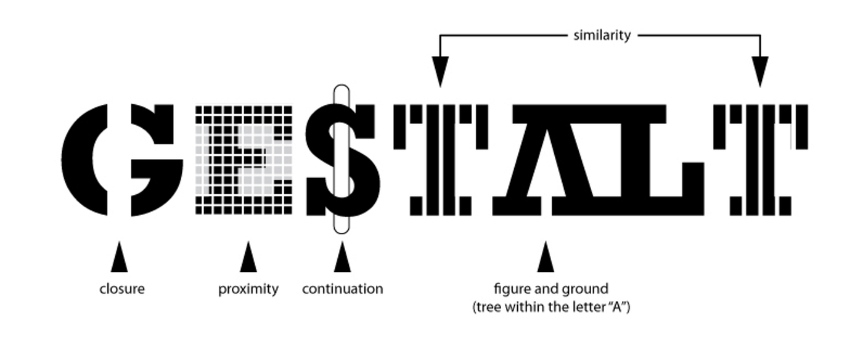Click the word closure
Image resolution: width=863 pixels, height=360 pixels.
121,288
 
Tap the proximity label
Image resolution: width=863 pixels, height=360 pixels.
248,288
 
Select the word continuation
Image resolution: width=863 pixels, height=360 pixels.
342,288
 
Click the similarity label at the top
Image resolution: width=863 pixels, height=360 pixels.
602,35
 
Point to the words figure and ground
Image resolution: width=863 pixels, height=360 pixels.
550,288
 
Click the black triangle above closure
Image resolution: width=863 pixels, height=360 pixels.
119,258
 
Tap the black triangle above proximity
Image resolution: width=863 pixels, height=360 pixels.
248,258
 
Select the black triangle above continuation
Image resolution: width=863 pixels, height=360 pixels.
342,258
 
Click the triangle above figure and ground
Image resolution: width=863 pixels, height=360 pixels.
545,258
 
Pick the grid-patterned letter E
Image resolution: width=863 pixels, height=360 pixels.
243,160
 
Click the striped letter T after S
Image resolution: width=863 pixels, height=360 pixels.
440,160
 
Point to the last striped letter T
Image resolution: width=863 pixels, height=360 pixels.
761,160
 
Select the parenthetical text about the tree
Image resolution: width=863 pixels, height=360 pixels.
550,307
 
